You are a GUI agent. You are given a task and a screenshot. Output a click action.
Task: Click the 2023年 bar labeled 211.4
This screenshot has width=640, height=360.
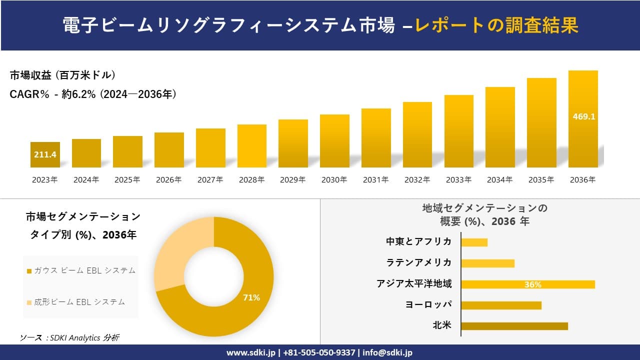pyautogui.click(x=45, y=154)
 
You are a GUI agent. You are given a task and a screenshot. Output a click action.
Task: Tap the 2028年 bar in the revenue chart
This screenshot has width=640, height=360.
pyautogui.click(x=252, y=146)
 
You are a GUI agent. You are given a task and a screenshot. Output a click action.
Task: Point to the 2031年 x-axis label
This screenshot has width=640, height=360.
pyautogui.click(x=375, y=180)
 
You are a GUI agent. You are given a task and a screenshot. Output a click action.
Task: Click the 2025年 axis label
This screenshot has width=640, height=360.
pyautogui.click(x=127, y=180)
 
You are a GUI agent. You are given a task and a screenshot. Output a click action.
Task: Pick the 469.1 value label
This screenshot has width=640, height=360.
pyautogui.click(x=583, y=116)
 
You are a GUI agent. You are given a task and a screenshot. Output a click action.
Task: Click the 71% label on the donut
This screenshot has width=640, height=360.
pyautogui.click(x=251, y=297)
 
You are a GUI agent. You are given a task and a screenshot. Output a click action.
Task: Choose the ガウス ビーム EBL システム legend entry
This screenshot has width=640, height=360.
pyautogui.click(x=81, y=270)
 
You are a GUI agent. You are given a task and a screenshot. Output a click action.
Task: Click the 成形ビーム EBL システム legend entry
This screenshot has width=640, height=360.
pyautogui.click(x=76, y=302)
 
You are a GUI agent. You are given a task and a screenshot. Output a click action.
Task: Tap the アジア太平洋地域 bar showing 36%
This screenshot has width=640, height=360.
pyautogui.click(x=528, y=284)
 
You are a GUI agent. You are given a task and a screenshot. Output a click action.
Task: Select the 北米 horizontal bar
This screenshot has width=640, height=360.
pyautogui.click(x=514, y=326)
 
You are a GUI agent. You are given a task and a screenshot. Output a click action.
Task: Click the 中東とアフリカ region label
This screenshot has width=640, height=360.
pyautogui.click(x=419, y=241)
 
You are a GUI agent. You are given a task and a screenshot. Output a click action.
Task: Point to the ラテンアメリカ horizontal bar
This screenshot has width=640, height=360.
pyautogui.click(x=487, y=263)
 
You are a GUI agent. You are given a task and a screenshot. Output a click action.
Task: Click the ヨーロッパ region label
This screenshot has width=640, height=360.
pyautogui.click(x=428, y=304)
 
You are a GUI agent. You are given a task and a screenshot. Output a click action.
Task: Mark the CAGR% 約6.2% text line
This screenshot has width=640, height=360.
pyautogui.click(x=93, y=94)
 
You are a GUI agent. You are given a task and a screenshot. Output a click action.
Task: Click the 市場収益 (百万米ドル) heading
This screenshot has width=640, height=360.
pyautogui.click(x=63, y=75)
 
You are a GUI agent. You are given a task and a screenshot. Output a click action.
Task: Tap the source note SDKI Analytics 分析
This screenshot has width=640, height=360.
pyautogui.click(x=69, y=337)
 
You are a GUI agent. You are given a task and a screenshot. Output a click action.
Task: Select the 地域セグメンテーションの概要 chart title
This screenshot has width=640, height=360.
pyautogui.click(x=484, y=214)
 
